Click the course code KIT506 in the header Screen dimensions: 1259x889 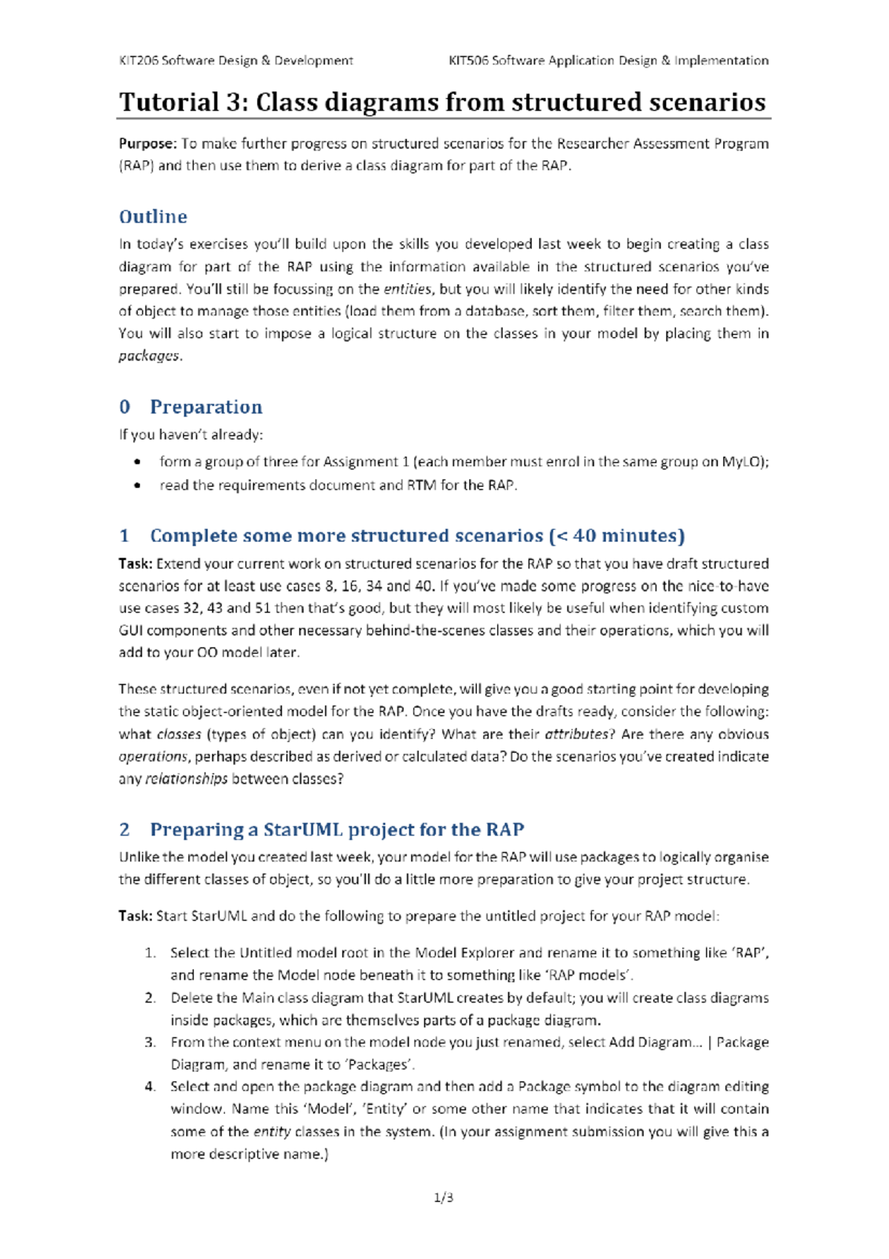(x=468, y=61)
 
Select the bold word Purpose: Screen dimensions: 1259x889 (x=148, y=144)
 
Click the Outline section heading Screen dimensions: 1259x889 (x=153, y=217)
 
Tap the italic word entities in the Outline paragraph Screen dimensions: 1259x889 (x=407, y=289)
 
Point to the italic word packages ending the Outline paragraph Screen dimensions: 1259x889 (x=149, y=356)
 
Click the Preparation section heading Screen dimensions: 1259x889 (x=206, y=407)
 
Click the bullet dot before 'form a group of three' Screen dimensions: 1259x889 (x=138, y=462)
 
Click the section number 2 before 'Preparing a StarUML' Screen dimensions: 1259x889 (x=124, y=830)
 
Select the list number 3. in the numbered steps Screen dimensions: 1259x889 (x=150, y=1042)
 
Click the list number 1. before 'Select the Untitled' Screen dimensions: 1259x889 (x=150, y=953)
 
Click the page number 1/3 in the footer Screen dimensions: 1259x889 (x=444, y=1197)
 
